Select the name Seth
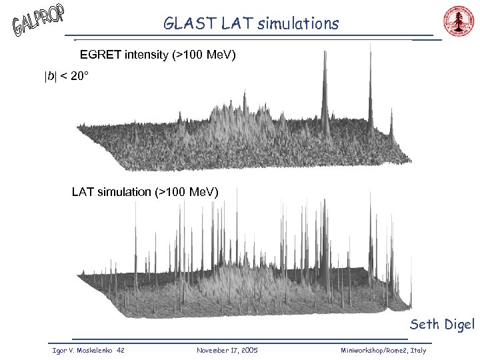tap(424, 325)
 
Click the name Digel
tap(458, 325)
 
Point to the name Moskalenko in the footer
tap(89, 350)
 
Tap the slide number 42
tap(121, 350)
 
